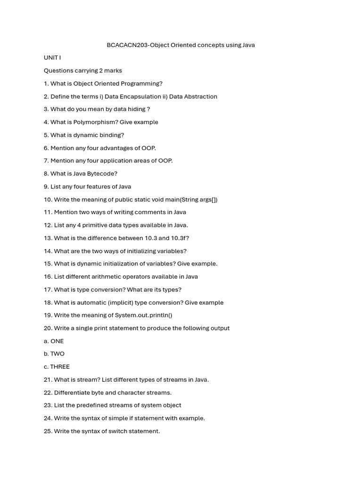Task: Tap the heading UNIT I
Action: pyautogui.click(x=52, y=58)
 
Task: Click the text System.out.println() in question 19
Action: pyautogui.click(x=143, y=315)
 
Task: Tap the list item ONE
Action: pyautogui.click(x=57, y=341)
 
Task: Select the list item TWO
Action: pyautogui.click(x=58, y=354)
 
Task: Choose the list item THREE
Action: pyautogui.click(x=60, y=367)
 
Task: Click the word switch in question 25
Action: pyautogui.click(x=110, y=431)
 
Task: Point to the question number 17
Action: pyautogui.click(x=48, y=290)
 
